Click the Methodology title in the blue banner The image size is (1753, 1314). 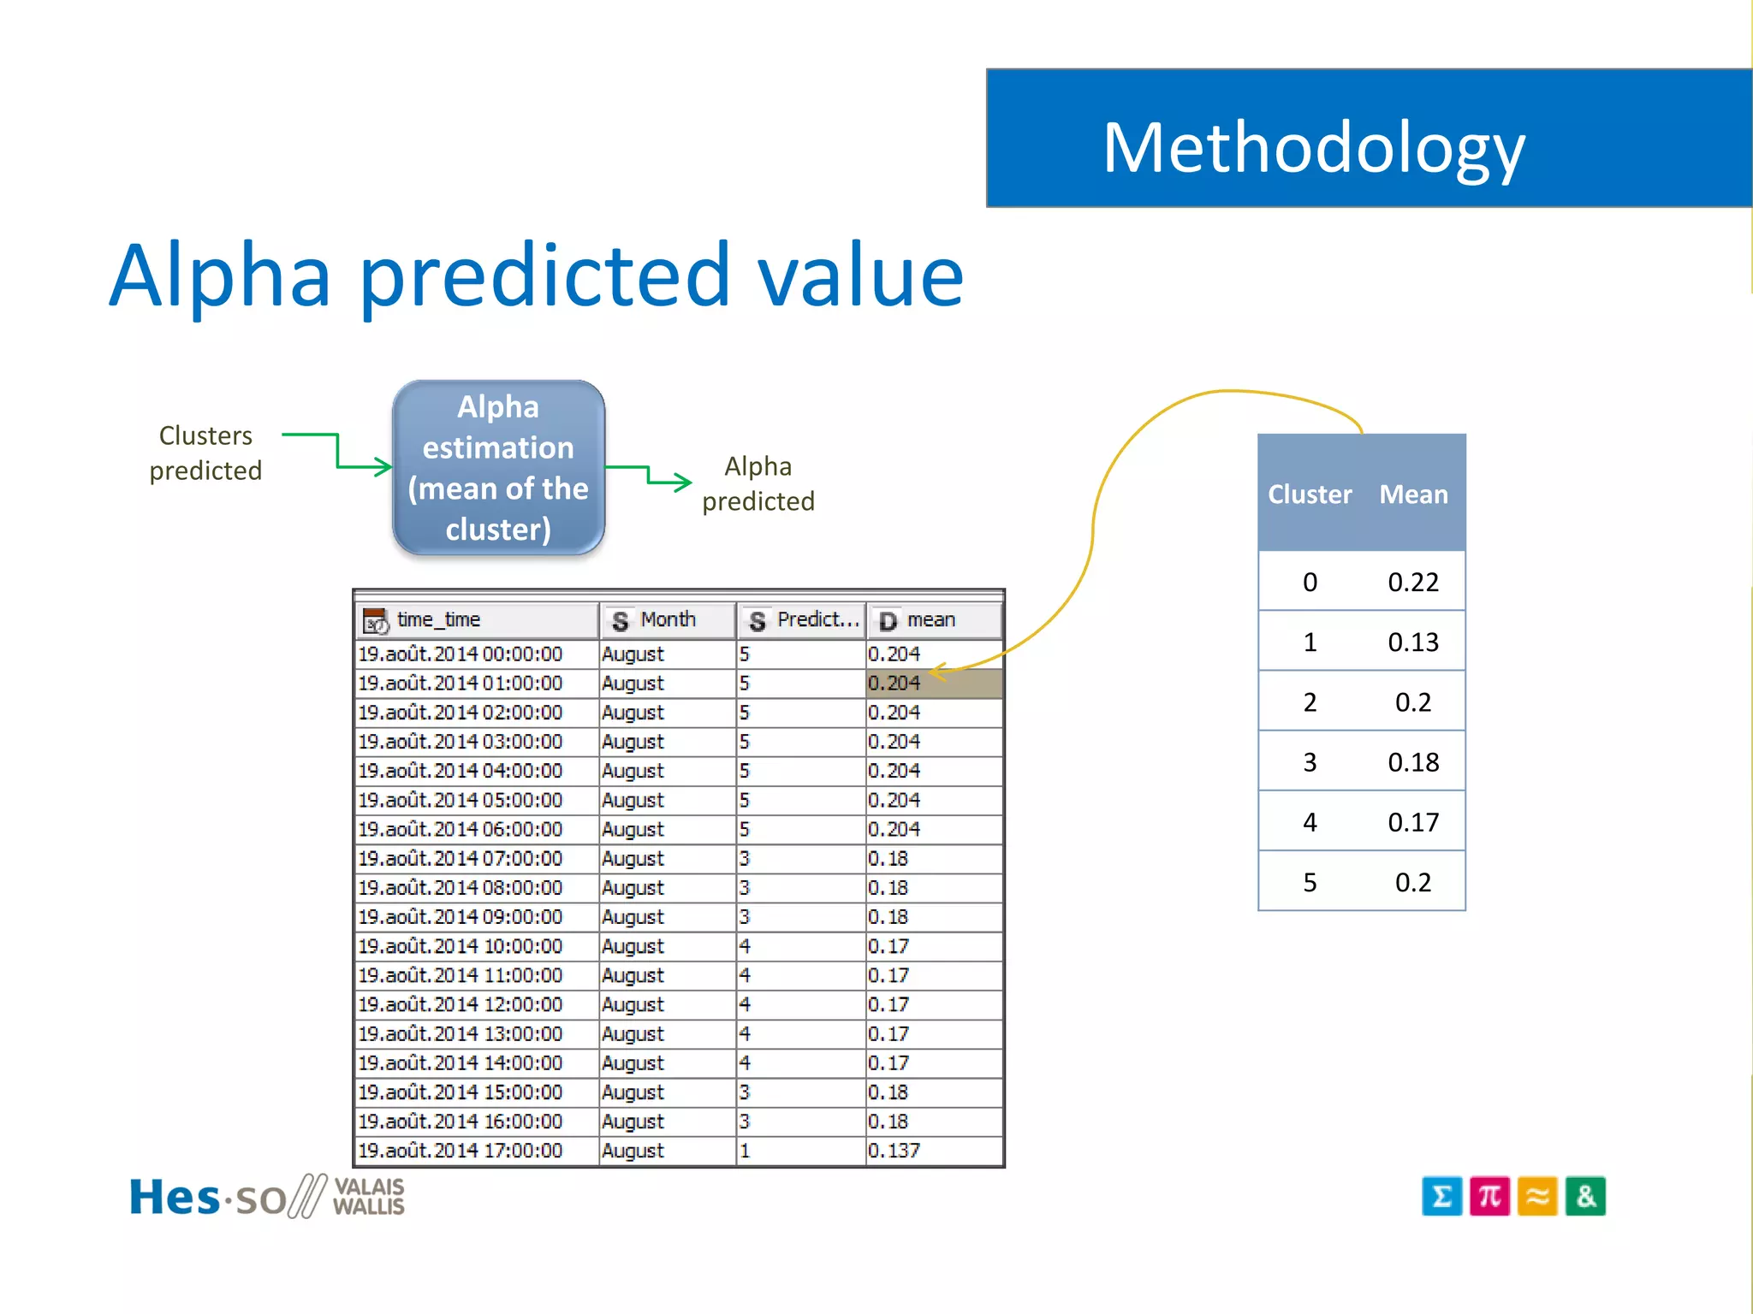pyautogui.click(x=1313, y=148)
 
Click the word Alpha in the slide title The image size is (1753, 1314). pyautogui.click(x=220, y=275)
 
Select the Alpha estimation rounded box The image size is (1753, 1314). pyautogui.click(x=498, y=467)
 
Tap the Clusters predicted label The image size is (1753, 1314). pyautogui.click(x=205, y=453)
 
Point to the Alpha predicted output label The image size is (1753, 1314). pyautogui.click(x=758, y=483)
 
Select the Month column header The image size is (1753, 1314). pyautogui.click(x=667, y=620)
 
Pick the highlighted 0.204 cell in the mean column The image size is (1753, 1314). pyautogui.click(x=932, y=684)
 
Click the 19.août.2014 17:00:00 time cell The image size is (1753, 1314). pyautogui.click(x=461, y=1151)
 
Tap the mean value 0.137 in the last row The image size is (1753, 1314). pyautogui.click(x=894, y=1151)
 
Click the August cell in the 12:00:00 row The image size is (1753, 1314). pyautogui.click(x=633, y=1004)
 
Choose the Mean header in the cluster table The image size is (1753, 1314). pyautogui.click(x=1413, y=494)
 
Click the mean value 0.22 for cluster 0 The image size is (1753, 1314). pyautogui.click(x=1413, y=583)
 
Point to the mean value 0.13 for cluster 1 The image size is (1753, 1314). pyautogui.click(x=1413, y=642)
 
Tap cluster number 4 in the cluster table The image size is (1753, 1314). pyautogui.click(x=1310, y=822)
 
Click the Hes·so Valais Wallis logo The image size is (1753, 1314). pyautogui.click(x=266, y=1196)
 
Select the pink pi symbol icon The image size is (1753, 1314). pyautogui.click(x=1489, y=1196)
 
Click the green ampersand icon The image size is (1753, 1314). pyautogui.click(x=1585, y=1196)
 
